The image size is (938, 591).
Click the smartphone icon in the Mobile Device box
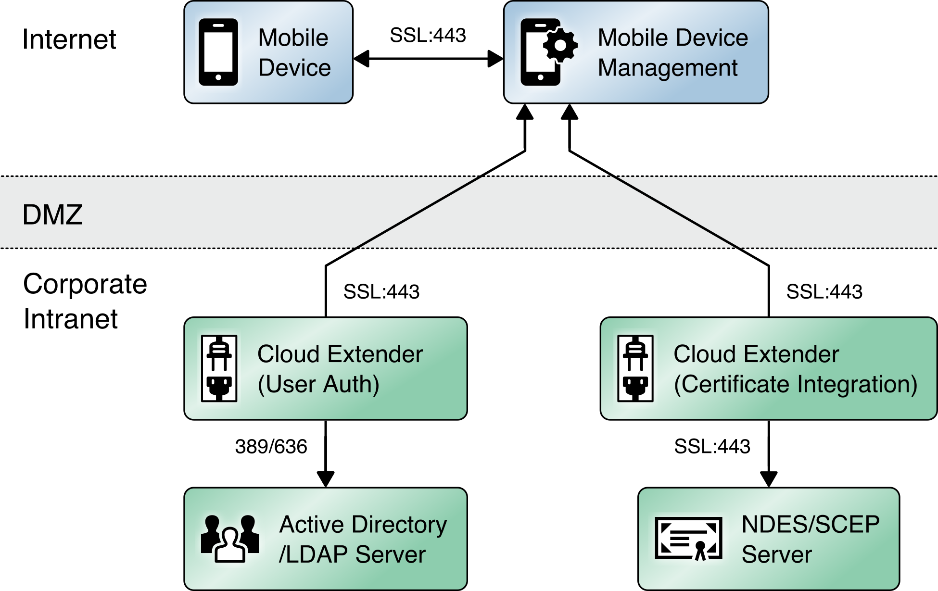tap(218, 52)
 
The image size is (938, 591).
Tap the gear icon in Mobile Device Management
tap(560, 46)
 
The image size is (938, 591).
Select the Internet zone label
tap(69, 39)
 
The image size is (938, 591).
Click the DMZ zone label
tap(52, 214)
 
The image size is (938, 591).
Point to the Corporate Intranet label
tap(84, 301)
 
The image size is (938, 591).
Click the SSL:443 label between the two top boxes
tap(428, 35)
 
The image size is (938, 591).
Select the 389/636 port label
tap(271, 446)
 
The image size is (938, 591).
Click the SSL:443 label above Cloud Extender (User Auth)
tap(381, 291)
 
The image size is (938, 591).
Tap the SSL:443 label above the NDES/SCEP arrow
tap(712, 446)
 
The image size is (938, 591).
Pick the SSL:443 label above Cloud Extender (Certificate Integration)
tap(824, 291)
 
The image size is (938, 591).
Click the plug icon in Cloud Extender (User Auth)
tap(219, 368)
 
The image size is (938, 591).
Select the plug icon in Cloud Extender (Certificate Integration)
tap(635, 368)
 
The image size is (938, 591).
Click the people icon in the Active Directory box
tap(230, 539)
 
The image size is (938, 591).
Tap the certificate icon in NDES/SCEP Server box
tap(688, 539)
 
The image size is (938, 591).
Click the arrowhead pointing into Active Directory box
tap(326, 479)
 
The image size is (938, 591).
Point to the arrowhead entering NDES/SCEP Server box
tap(769, 479)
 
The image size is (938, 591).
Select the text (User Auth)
tap(318, 384)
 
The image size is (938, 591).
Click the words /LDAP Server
tap(352, 554)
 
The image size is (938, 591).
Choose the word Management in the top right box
tap(668, 68)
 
